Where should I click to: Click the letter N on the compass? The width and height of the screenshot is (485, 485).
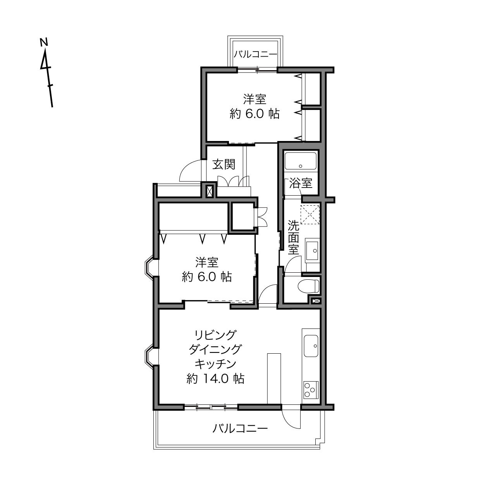click(44, 42)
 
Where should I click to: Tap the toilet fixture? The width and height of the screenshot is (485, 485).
click(308, 286)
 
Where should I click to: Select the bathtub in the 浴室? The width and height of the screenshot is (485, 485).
click(301, 161)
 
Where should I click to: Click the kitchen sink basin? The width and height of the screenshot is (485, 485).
click(311, 346)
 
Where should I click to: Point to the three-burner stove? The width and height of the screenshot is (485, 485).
click(311, 390)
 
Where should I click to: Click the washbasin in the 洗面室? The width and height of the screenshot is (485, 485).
click(312, 251)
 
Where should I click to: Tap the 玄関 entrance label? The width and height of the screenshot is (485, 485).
click(224, 164)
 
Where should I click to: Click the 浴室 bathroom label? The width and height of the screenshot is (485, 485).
click(301, 183)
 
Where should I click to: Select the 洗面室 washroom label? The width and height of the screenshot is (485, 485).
click(294, 237)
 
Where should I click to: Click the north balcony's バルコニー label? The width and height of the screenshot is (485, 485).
click(255, 54)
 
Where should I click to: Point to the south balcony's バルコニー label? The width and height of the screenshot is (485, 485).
click(240, 428)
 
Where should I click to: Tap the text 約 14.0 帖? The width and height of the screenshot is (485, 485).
click(215, 378)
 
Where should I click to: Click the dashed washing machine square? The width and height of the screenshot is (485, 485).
click(310, 215)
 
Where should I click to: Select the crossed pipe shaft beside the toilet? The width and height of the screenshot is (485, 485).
click(316, 301)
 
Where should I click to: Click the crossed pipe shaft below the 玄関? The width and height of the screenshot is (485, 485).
click(210, 191)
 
